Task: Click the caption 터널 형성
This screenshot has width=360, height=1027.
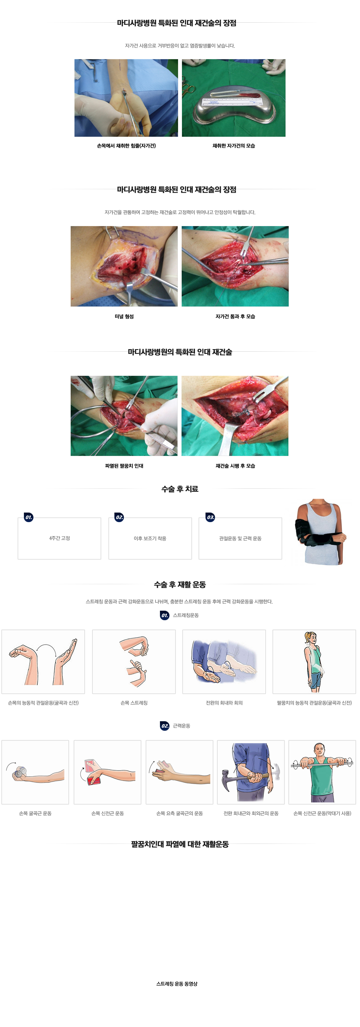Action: click(124, 316)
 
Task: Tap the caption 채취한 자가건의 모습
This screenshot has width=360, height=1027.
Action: click(234, 146)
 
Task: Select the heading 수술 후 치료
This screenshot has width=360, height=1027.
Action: click(180, 489)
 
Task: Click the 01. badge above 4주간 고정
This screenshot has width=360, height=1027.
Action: click(29, 517)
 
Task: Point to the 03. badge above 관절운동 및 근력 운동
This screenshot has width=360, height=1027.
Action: click(210, 517)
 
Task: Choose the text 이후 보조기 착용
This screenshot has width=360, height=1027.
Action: click(150, 538)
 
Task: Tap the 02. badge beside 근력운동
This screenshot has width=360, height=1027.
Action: click(165, 726)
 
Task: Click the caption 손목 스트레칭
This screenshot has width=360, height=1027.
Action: click(134, 702)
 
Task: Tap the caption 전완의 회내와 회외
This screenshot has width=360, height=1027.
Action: click(224, 702)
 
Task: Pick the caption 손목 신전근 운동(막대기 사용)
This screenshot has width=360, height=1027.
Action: click(322, 813)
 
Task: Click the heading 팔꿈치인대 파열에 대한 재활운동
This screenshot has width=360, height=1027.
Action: click(180, 844)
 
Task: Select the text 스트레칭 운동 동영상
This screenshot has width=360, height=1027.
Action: click(177, 984)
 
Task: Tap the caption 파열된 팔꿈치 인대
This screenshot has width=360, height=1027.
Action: click(124, 466)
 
